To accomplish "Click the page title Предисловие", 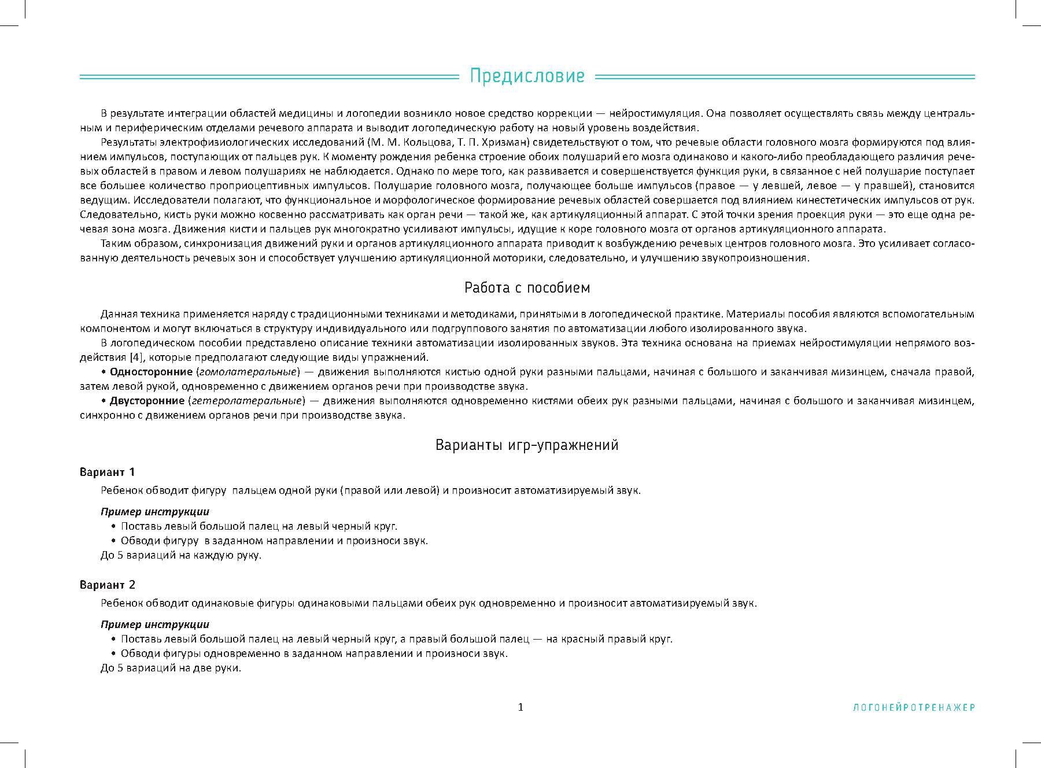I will point(527,76).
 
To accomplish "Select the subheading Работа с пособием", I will point(527,287).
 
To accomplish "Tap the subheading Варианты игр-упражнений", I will point(527,445).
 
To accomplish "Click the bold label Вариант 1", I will point(107,472).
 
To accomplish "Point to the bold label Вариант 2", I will point(107,585).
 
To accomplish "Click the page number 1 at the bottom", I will point(520,707).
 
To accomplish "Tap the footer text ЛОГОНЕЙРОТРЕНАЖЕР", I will point(914,707).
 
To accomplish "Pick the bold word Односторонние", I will point(151,371).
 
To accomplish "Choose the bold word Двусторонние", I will point(147,400).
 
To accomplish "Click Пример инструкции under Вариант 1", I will point(154,511).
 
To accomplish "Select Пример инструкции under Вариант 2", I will point(154,624).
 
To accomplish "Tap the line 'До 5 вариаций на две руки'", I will point(171,668).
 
